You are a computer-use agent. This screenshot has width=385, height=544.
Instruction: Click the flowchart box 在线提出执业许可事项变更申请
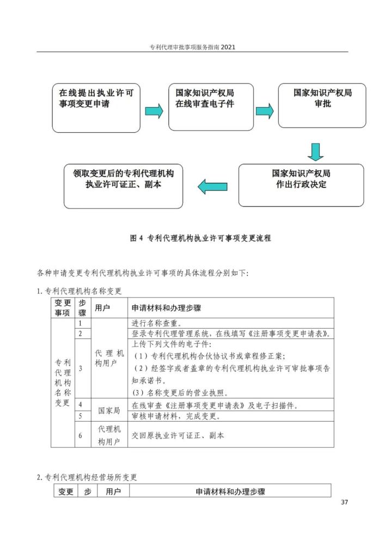(96, 108)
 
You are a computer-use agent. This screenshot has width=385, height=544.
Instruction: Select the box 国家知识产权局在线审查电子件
(211, 107)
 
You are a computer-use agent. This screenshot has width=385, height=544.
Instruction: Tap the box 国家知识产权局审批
(322, 106)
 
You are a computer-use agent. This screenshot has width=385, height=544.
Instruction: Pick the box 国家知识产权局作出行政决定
(301, 186)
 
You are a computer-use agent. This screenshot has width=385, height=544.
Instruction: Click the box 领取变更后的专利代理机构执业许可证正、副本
(123, 186)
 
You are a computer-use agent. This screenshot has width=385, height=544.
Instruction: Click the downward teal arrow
(315, 152)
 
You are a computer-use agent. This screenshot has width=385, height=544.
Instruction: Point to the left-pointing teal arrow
(212, 187)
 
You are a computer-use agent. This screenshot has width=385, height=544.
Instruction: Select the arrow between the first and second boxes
(154, 111)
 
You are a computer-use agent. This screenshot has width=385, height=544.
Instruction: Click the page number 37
(344, 502)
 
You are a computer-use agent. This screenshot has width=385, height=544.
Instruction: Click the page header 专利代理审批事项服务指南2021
(192, 47)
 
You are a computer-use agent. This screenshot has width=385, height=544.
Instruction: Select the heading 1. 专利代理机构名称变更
(79, 290)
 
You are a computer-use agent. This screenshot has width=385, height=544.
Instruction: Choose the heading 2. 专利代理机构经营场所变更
(87, 477)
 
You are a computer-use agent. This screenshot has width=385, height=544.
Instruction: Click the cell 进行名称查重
(156, 323)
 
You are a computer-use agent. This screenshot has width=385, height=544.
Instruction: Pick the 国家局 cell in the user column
(109, 410)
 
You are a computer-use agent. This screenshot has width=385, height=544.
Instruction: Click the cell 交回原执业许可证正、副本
(178, 435)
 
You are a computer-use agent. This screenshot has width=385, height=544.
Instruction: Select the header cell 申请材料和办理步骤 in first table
(166, 308)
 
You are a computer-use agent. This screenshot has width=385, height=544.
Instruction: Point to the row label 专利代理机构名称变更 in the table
(63, 382)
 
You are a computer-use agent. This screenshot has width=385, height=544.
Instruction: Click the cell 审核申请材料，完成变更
(176, 416)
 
